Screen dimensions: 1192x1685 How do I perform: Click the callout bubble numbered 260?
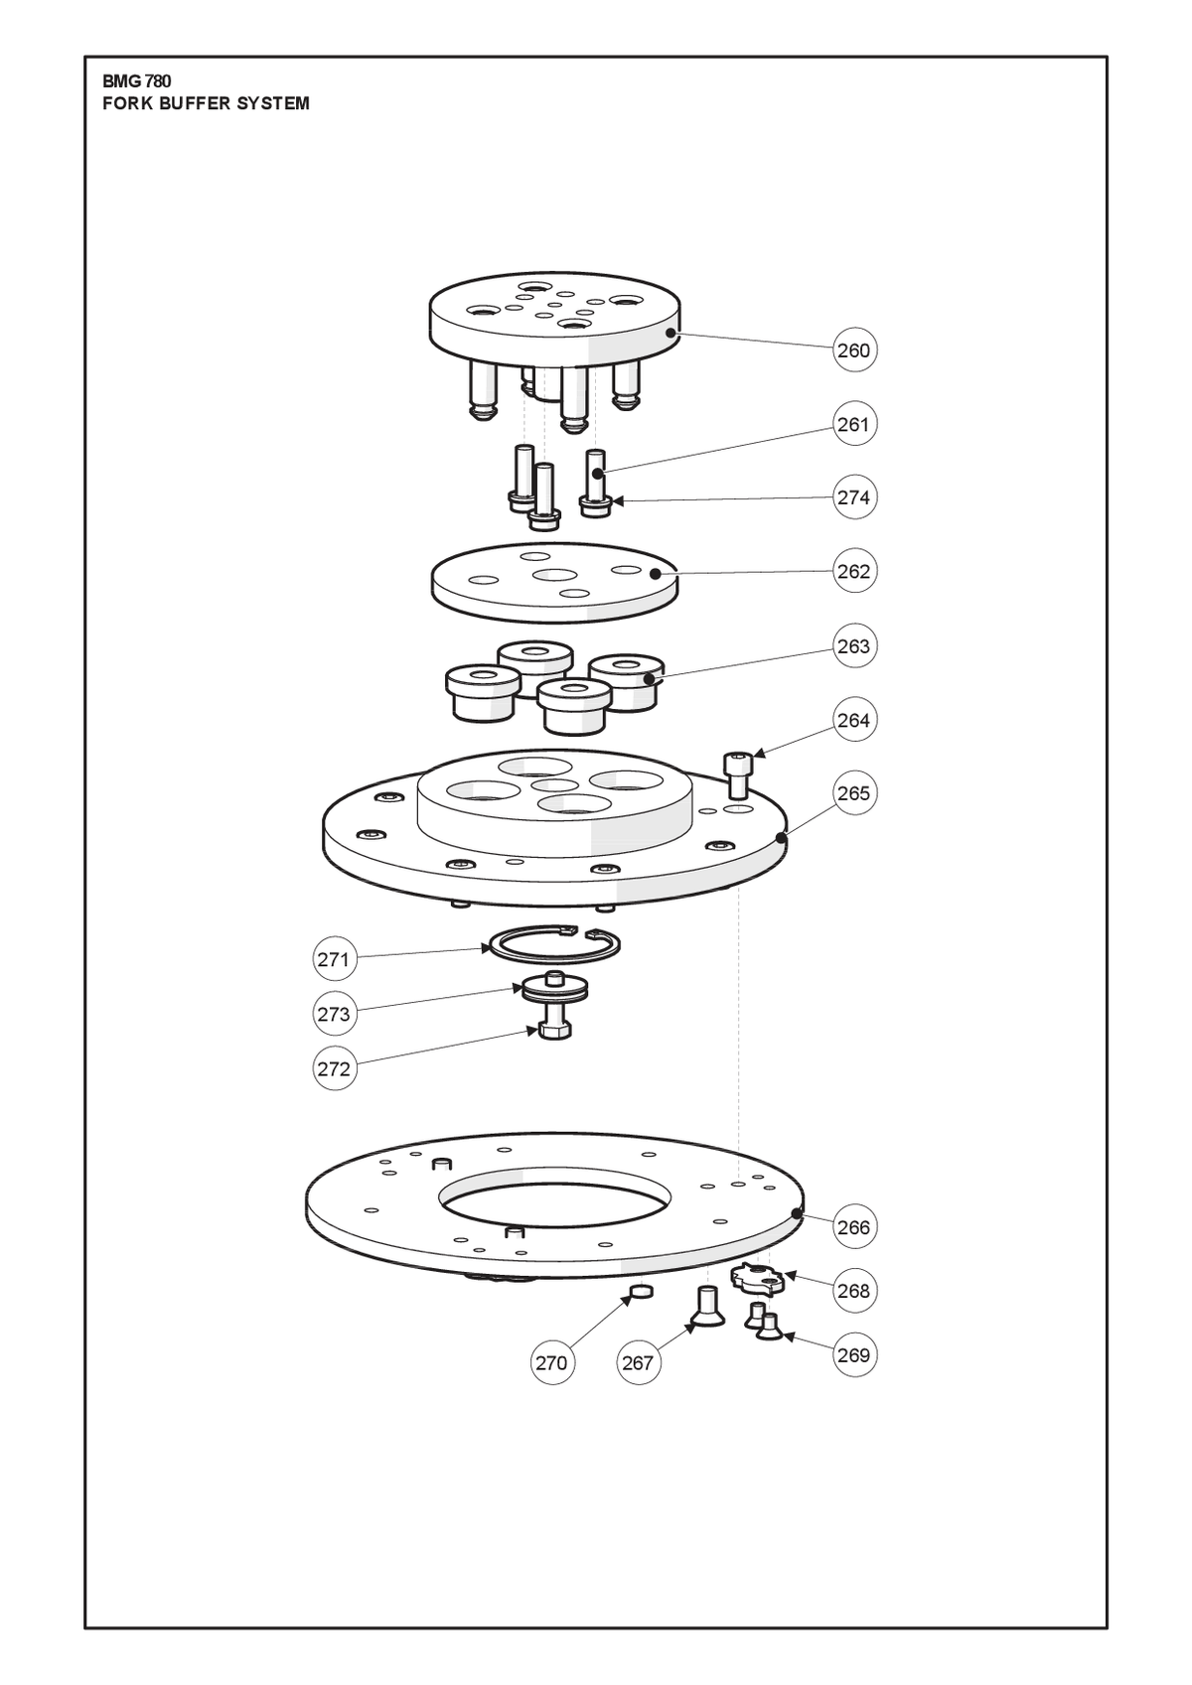(x=855, y=350)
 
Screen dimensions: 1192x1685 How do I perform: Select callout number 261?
(x=855, y=424)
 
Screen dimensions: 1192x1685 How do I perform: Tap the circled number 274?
(x=855, y=497)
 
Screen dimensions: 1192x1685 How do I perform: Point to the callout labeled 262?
(x=855, y=571)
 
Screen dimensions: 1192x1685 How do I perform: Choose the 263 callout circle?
(x=855, y=645)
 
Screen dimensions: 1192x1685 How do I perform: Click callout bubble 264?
(x=855, y=720)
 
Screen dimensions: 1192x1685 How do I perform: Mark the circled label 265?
(x=855, y=792)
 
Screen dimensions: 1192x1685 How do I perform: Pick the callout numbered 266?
(x=855, y=1227)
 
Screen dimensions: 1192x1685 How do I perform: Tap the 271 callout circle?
(x=334, y=959)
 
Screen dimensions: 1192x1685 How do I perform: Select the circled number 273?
(x=334, y=1014)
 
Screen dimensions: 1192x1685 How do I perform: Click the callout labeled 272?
(x=334, y=1069)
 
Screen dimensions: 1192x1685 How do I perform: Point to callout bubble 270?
(x=552, y=1362)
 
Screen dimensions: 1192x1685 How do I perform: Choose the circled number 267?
(x=639, y=1362)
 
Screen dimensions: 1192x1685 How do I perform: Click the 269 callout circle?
(x=855, y=1354)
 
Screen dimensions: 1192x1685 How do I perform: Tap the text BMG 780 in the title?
(x=137, y=81)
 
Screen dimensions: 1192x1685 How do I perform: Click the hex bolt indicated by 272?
(x=554, y=1030)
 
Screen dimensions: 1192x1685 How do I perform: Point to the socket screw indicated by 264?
(x=737, y=774)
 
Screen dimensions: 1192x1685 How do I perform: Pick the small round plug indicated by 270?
(x=641, y=1292)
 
